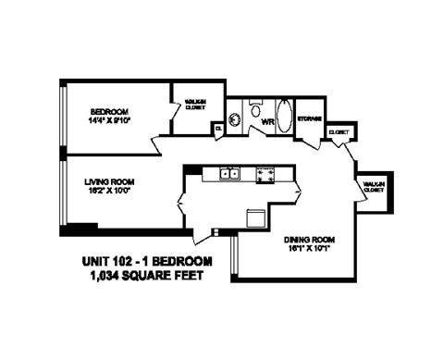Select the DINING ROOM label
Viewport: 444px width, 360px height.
point(308,239)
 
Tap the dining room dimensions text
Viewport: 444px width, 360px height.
point(308,248)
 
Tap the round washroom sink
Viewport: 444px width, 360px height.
point(234,118)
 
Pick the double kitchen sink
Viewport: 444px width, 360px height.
point(228,173)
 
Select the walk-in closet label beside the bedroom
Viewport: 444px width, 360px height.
point(195,105)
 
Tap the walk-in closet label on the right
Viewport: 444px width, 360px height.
point(375,187)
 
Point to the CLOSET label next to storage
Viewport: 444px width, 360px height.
point(339,132)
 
